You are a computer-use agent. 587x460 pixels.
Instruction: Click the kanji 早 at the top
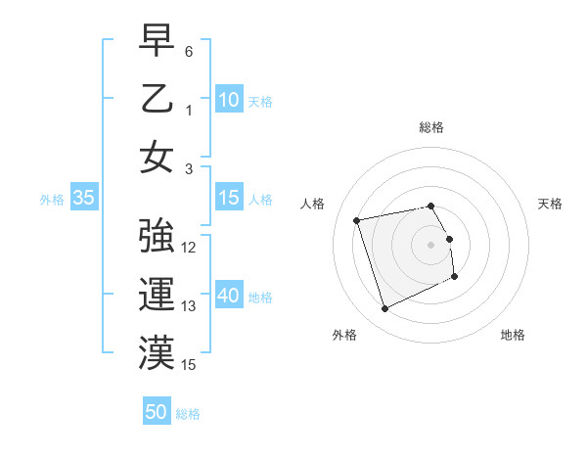[x=157, y=42]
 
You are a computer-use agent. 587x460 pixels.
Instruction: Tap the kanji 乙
[x=157, y=100]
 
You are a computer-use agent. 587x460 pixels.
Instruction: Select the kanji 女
[x=157, y=158]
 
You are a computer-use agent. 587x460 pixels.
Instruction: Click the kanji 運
[x=157, y=296]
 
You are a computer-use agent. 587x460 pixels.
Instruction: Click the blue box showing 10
[x=229, y=100]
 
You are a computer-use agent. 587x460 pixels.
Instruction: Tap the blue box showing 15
[x=229, y=198]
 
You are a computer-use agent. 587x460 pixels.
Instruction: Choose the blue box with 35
[x=84, y=198]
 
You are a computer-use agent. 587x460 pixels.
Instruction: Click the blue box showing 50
[x=157, y=412]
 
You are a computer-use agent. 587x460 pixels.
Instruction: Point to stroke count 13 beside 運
[x=189, y=306]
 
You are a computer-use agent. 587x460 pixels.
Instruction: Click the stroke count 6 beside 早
[x=189, y=50]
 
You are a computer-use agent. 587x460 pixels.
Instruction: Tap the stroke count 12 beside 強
[x=189, y=248]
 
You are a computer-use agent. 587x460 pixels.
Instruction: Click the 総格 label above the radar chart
[x=431, y=128]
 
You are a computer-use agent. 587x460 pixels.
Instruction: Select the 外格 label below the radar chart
[x=344, y=335]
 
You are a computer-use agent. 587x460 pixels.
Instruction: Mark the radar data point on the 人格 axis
[x=357, y=219]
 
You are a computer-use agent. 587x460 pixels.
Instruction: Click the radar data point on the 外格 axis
[x=384, y=309]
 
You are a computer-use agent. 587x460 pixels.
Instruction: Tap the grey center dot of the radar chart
[x=431, y=244]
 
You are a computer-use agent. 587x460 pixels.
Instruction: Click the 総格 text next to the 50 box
[x=188, y=414]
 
